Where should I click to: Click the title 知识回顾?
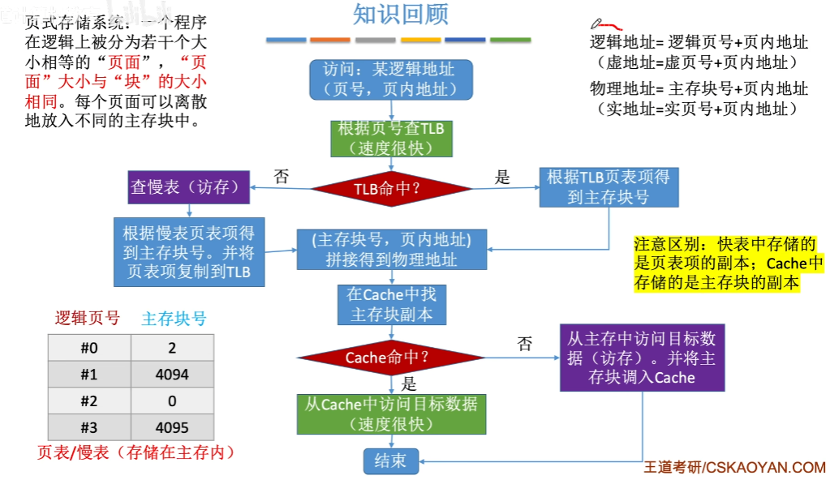pos(401,14)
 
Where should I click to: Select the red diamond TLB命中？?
pos(391,189)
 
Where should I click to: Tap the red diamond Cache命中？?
pos(391,357)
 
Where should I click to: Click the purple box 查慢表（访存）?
pos(186,187)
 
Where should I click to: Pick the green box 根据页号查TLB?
pos(391,139)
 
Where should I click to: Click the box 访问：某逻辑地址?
pos(391,79)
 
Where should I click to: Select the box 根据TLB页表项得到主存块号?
pos(608,187)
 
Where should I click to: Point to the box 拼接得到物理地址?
pos(391,250)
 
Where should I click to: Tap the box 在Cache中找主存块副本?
pos(391,304)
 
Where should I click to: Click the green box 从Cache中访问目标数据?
pos(391,414)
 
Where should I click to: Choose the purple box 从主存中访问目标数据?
pos(641,358)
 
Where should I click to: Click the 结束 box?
pos(391,461)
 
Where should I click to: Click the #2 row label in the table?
pos(89,401)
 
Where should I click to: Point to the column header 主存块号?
pos(174,319)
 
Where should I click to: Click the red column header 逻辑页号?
pos(87,318)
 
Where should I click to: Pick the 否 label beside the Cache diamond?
pos(525,344)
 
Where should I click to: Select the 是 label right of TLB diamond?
pos(503,177)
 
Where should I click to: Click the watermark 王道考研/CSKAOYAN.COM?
pos(734,468)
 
